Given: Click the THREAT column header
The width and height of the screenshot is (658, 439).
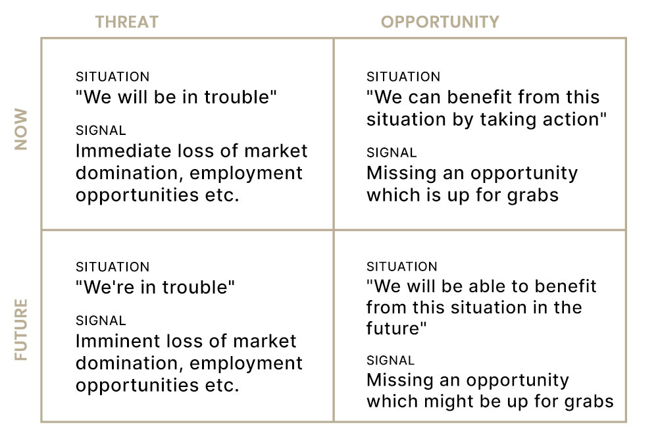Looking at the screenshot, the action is coord(127,22).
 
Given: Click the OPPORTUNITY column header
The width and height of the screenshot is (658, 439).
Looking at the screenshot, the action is coord(440,22).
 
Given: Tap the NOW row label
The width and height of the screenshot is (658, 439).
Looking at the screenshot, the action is coord(21,129).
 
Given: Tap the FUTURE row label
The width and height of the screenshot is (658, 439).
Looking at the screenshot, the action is coord(21,330).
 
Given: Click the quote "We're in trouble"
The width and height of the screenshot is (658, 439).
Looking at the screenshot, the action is coord(155,287).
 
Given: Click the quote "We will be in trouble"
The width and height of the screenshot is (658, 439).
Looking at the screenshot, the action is coord(176,97).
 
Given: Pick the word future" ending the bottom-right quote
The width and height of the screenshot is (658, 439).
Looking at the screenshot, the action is coord(396,328).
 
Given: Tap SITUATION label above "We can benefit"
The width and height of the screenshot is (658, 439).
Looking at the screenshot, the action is coord(403,77).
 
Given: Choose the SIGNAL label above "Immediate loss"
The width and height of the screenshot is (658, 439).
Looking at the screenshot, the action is coord(101,130).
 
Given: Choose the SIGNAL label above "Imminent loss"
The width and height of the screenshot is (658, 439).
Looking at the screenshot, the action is coord(101,321).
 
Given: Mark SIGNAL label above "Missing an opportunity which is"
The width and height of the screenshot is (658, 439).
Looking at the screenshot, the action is coord(392,153).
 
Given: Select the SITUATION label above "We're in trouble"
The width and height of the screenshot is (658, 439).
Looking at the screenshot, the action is coord(113,267).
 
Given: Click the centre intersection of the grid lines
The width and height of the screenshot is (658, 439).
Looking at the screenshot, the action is coord(334,230).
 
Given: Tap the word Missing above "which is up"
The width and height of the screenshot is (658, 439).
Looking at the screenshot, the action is coord(401,173).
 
